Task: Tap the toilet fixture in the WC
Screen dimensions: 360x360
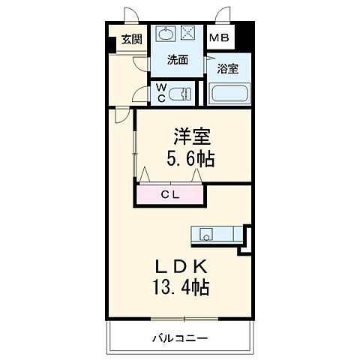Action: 181,93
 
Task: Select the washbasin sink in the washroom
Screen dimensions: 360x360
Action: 166,34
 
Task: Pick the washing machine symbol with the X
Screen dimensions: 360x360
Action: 190,34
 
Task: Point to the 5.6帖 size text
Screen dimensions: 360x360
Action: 192,160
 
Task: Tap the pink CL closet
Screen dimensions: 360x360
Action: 169,196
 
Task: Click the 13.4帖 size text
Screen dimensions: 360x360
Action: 179,287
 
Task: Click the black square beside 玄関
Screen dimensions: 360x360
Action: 112,43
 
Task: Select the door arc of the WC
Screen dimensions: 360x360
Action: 140,93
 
